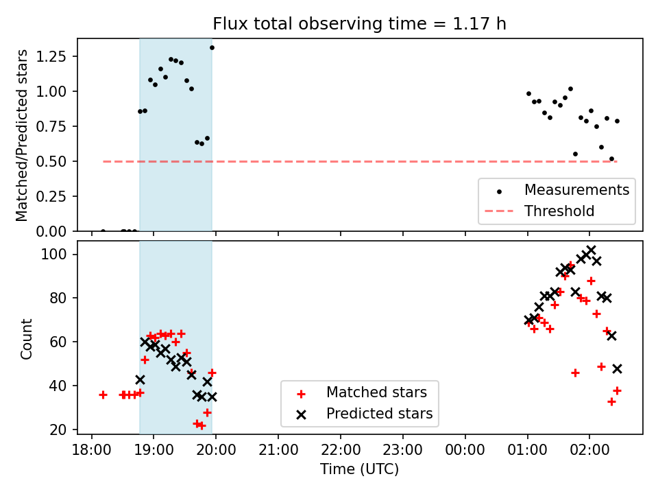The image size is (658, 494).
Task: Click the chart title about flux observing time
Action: point(360,25)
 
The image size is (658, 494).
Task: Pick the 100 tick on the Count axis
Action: point(59,255)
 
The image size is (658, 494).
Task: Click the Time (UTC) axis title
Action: point(359,470)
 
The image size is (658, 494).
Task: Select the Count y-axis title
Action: point(27,338)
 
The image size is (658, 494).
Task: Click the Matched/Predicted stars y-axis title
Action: point(22,135)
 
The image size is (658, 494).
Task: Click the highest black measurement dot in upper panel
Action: point(212,47)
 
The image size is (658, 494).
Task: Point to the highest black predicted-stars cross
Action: point(591,250)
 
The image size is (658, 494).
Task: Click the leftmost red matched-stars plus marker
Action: point(103,395)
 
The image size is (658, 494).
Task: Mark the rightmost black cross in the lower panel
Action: point(617,368)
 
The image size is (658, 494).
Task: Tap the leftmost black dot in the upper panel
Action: point(103,231)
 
